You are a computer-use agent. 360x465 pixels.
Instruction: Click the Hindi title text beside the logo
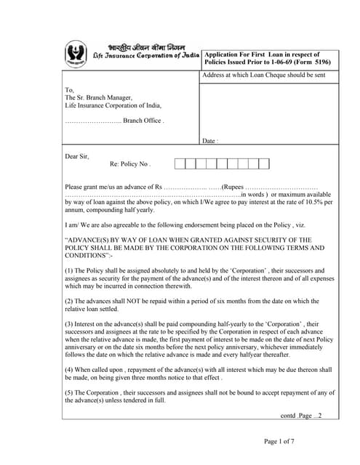click(x=135, y=47)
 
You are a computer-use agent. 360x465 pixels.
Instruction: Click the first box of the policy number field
click(x=180, y=164)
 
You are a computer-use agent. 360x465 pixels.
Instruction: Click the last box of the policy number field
click(x=264, y=164)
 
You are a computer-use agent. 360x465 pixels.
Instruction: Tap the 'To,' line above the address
click(x=69, y=90)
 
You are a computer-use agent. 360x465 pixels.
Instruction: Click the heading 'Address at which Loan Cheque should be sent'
click(x=264, y=76)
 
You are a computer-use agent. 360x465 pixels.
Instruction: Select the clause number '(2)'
click(x=69, y=301)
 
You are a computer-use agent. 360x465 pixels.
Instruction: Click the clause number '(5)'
click(x=69, y=393)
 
